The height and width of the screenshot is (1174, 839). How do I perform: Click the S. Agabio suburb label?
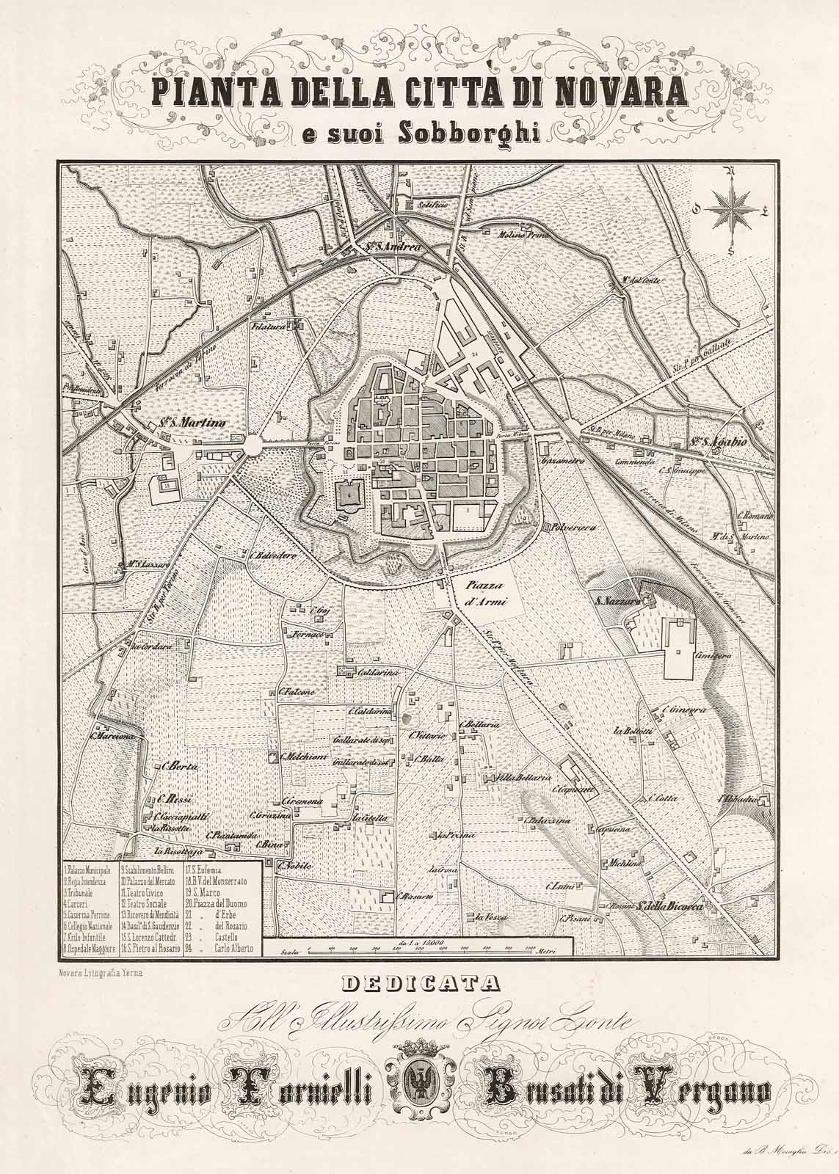697,442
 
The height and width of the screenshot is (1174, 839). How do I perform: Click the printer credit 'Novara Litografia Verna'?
103,973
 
